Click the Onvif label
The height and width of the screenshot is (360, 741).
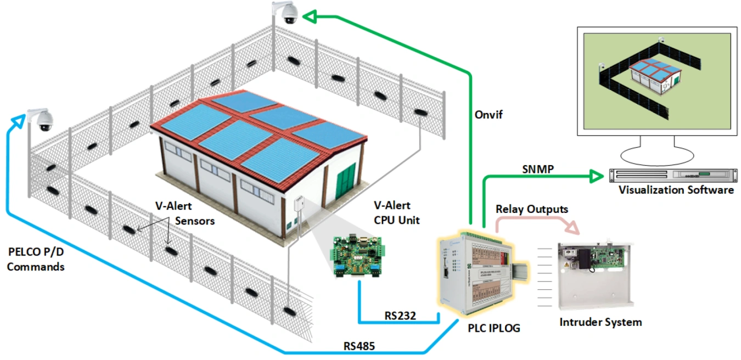[x=488, y=115]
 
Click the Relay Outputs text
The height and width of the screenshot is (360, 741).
[x=531, y=209]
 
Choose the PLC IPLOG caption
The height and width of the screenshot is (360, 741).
[x=493, y=328]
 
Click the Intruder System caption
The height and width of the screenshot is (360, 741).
[x=600, y=322]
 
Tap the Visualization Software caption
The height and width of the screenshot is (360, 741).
[x=676, y=190]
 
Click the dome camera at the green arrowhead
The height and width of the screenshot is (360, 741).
[x=288, y=14]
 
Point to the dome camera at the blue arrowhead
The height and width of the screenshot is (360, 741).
[x=42, y=120]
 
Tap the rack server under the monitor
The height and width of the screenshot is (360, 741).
[x=672, y=175]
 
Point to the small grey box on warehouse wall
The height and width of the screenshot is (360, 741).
[x=300, y=203]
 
